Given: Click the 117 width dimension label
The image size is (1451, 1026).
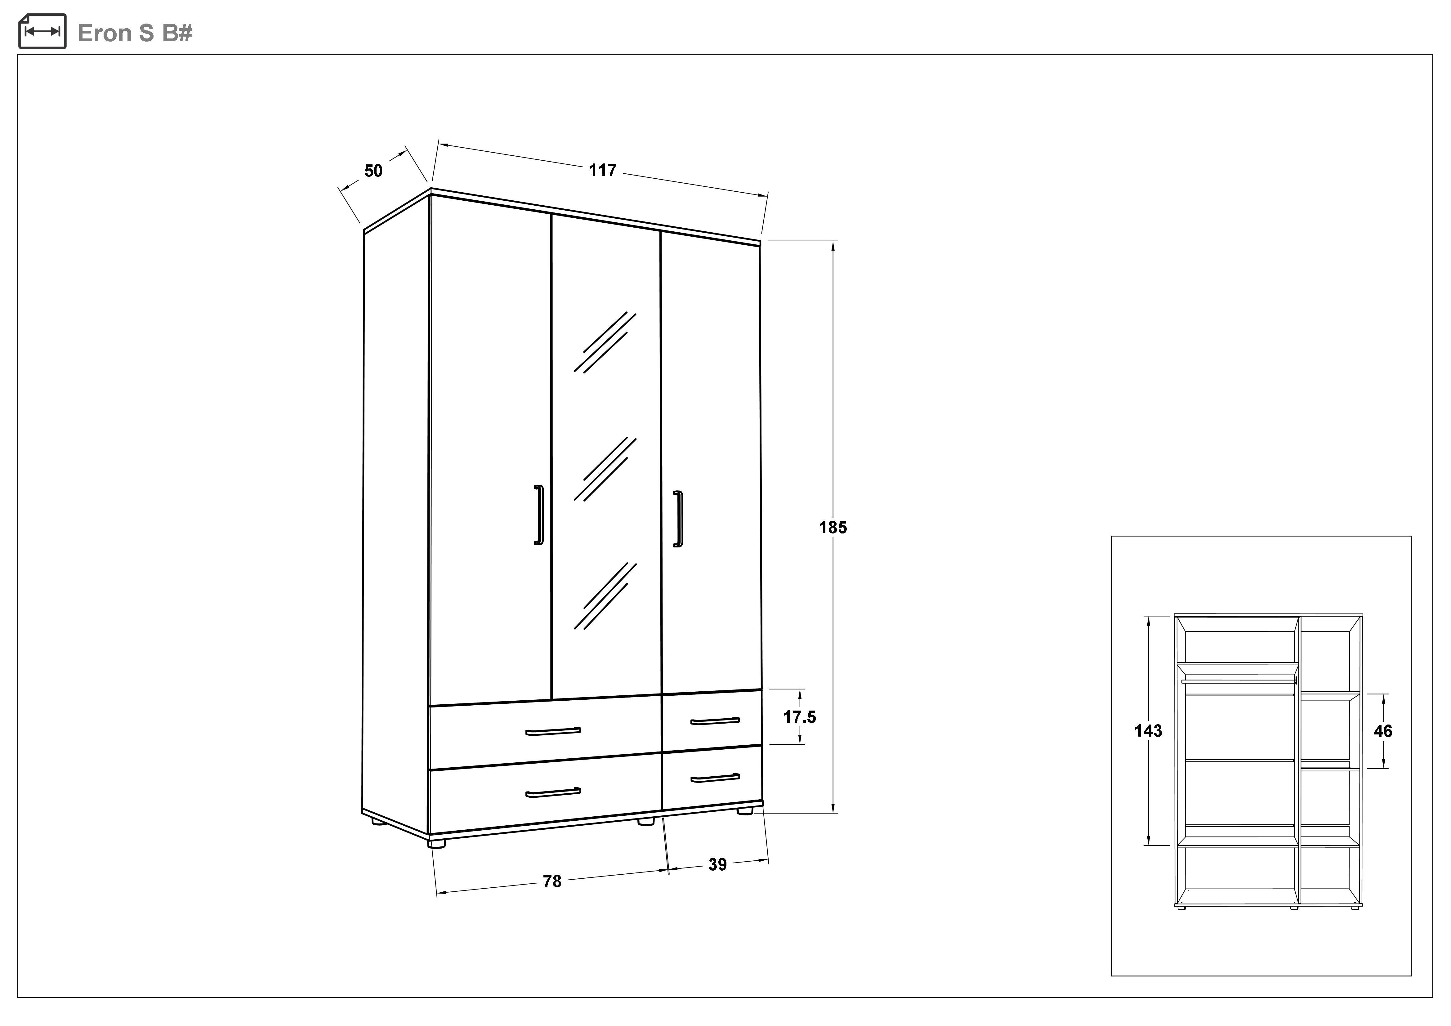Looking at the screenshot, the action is (602, 170).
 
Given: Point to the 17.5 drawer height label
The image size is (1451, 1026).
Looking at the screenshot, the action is (799, 717).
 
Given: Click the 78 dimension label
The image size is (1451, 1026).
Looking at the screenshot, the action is (552, 881).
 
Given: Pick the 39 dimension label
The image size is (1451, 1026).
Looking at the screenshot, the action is (717, 864).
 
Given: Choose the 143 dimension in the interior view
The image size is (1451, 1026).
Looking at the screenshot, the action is (1148, 731).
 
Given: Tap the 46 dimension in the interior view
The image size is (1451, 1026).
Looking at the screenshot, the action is (1383, 731).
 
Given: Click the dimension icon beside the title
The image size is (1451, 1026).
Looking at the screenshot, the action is (42, 32).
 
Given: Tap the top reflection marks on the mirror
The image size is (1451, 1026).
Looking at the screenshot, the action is (605, 342).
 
